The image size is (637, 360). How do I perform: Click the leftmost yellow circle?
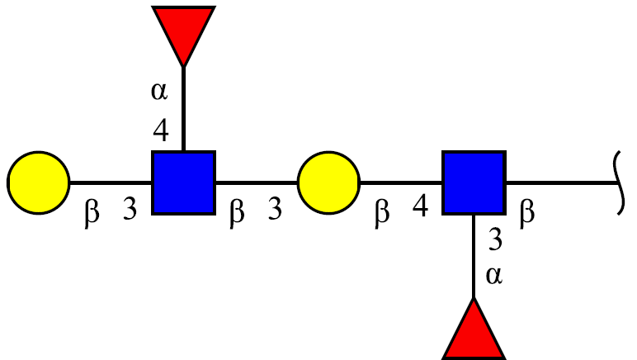[x=39, y=182]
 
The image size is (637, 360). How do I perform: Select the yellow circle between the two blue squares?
[x=328, y=182]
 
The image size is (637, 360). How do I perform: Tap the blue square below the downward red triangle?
[x=184, y=182]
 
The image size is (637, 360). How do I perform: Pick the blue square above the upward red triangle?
[x=474, y=182]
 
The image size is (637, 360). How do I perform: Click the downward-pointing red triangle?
[x=184, y=28]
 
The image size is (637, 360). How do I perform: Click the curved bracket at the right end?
[x=619, y=182]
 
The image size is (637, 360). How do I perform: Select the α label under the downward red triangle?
[x=159, y=91]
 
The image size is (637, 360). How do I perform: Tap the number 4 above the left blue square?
[x=161, y=130]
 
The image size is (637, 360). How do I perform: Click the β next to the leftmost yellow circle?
[x=92, y=213]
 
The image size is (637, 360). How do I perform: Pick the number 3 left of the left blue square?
[x=130, y=209]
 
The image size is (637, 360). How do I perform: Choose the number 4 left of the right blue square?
[x=421, y=206]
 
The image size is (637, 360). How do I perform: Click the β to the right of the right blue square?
[x=527, y=213]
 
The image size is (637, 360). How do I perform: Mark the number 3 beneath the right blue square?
[x=495, y=239]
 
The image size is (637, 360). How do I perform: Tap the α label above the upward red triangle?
[x=494, y=276]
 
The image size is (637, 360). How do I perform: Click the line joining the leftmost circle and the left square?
[x=111, y=182]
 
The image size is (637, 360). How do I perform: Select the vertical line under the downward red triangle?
[x=184, y=108]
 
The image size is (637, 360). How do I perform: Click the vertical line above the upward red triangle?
[x=474, y=257]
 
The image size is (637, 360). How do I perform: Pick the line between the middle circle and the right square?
[x=401, y=182]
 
